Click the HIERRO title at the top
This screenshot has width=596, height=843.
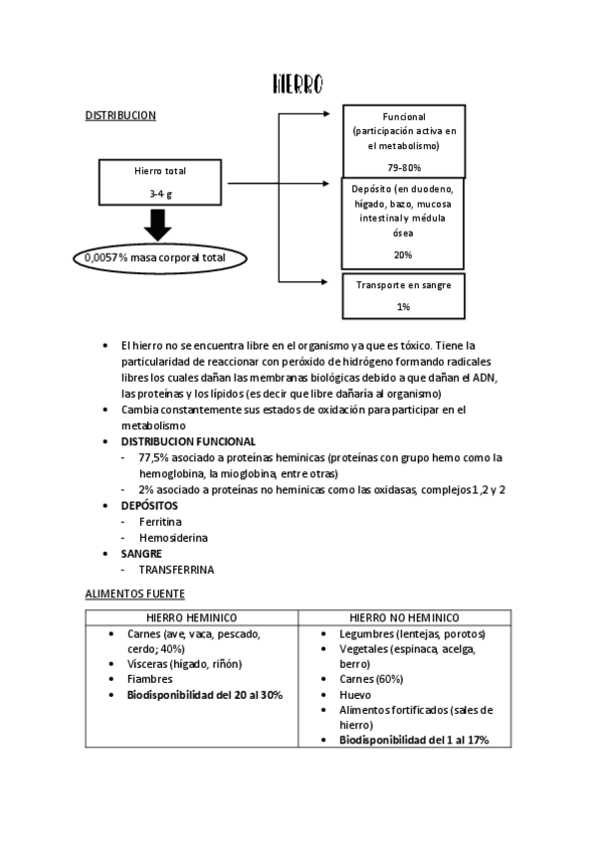[x=298, y=84]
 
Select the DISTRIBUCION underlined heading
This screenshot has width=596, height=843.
[x=120, y=115]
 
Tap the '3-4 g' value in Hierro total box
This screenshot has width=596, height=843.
[x=160, y=194]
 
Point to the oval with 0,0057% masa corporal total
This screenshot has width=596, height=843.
[x=160, y=257]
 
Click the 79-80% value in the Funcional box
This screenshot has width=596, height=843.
[x=402, y=167]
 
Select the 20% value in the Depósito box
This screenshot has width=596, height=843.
[x=402, y=254]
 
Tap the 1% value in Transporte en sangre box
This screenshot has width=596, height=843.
[x=402, y=307]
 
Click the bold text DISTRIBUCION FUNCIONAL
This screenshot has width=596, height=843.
[x=188, y=440]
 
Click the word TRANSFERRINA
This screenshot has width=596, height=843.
[x=176, y=570]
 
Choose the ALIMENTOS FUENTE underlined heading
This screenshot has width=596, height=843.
[x=134, y=593]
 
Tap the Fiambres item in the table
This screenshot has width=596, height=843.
[x=150, y=679]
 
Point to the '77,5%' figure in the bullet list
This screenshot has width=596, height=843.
[x=155, y=457]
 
